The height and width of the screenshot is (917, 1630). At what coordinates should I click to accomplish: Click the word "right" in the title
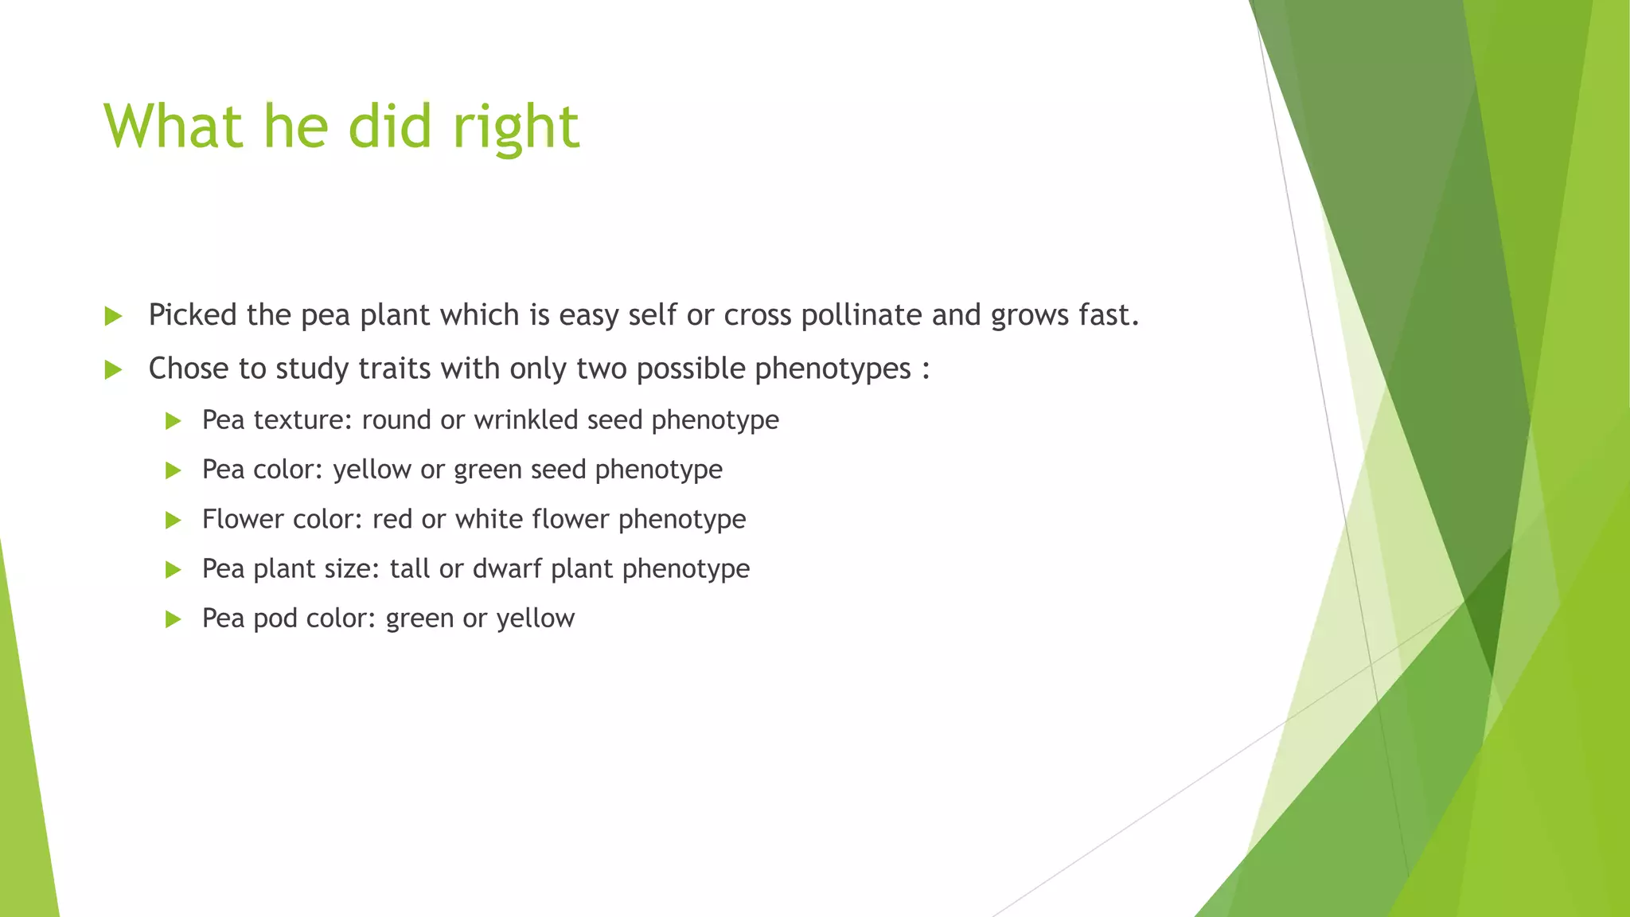pyautogui.click(x=516, y=127)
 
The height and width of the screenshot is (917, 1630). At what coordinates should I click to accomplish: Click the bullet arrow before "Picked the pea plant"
pyautogui.click(x=113, y=317)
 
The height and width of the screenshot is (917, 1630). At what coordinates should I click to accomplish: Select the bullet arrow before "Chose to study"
pyautogui.click(x=113, y=370)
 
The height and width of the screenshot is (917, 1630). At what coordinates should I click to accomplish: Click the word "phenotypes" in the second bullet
pyautogui.click(x=833, y=369)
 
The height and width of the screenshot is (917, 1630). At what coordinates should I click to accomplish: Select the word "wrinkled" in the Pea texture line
pyautogui.click(x=526, y=419)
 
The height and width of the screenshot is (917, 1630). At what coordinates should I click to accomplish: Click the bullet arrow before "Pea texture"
pyautogui.click(x=173, y=421)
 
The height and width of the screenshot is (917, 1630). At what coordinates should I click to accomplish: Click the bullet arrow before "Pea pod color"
pyautogui.click(x=173, y=619)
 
